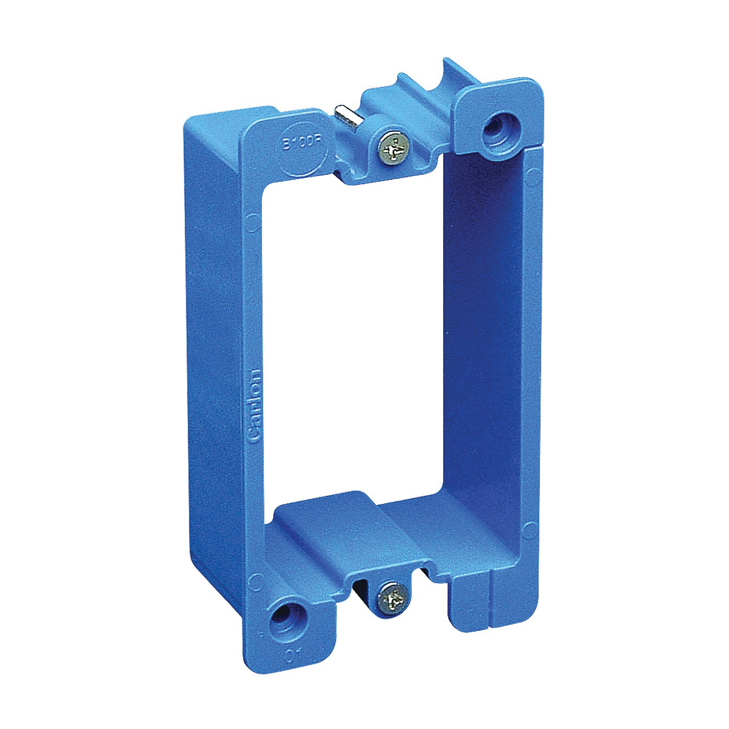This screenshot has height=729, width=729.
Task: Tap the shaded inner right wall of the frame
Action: [x=484, y=323]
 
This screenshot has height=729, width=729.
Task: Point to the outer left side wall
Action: [x=211, y=364]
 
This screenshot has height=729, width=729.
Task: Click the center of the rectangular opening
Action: [x=354, y=338]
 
